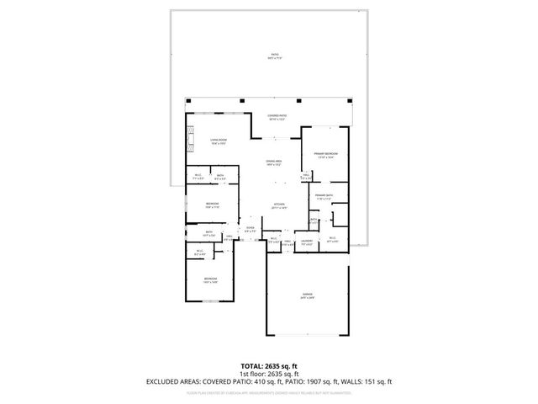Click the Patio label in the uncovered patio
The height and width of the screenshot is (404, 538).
pos(274,55)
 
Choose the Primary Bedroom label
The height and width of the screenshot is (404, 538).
pos(326,154)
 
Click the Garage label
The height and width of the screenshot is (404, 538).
pos(308,294)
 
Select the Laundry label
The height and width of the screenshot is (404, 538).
pos(307,241)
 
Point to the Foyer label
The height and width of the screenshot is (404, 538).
pos(250,228)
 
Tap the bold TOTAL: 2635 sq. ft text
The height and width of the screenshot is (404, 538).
pos(269,366)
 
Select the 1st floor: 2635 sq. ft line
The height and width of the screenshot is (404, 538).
pos(269,374)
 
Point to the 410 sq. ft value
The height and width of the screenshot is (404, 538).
pos(249,381)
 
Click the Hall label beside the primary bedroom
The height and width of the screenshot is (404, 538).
pos(307,175)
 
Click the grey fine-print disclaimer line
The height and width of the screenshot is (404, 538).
pos(269,392)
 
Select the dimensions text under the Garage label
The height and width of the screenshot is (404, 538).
pos(308,298)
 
